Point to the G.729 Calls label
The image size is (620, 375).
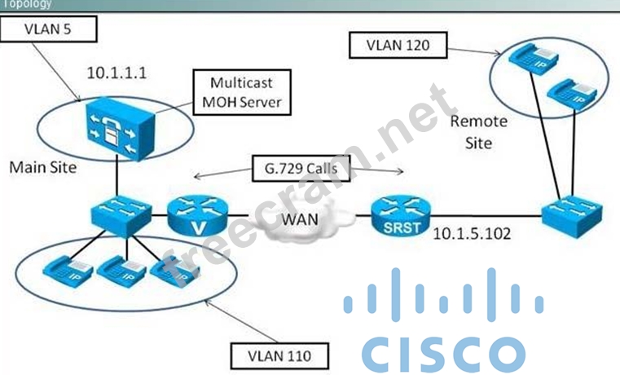click(x=298, y=170)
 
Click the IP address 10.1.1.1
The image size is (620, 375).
click(x=118, y=73)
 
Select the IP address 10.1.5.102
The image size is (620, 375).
click(x=473, y=233)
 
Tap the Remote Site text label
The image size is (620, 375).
click(x=478, y=130)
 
